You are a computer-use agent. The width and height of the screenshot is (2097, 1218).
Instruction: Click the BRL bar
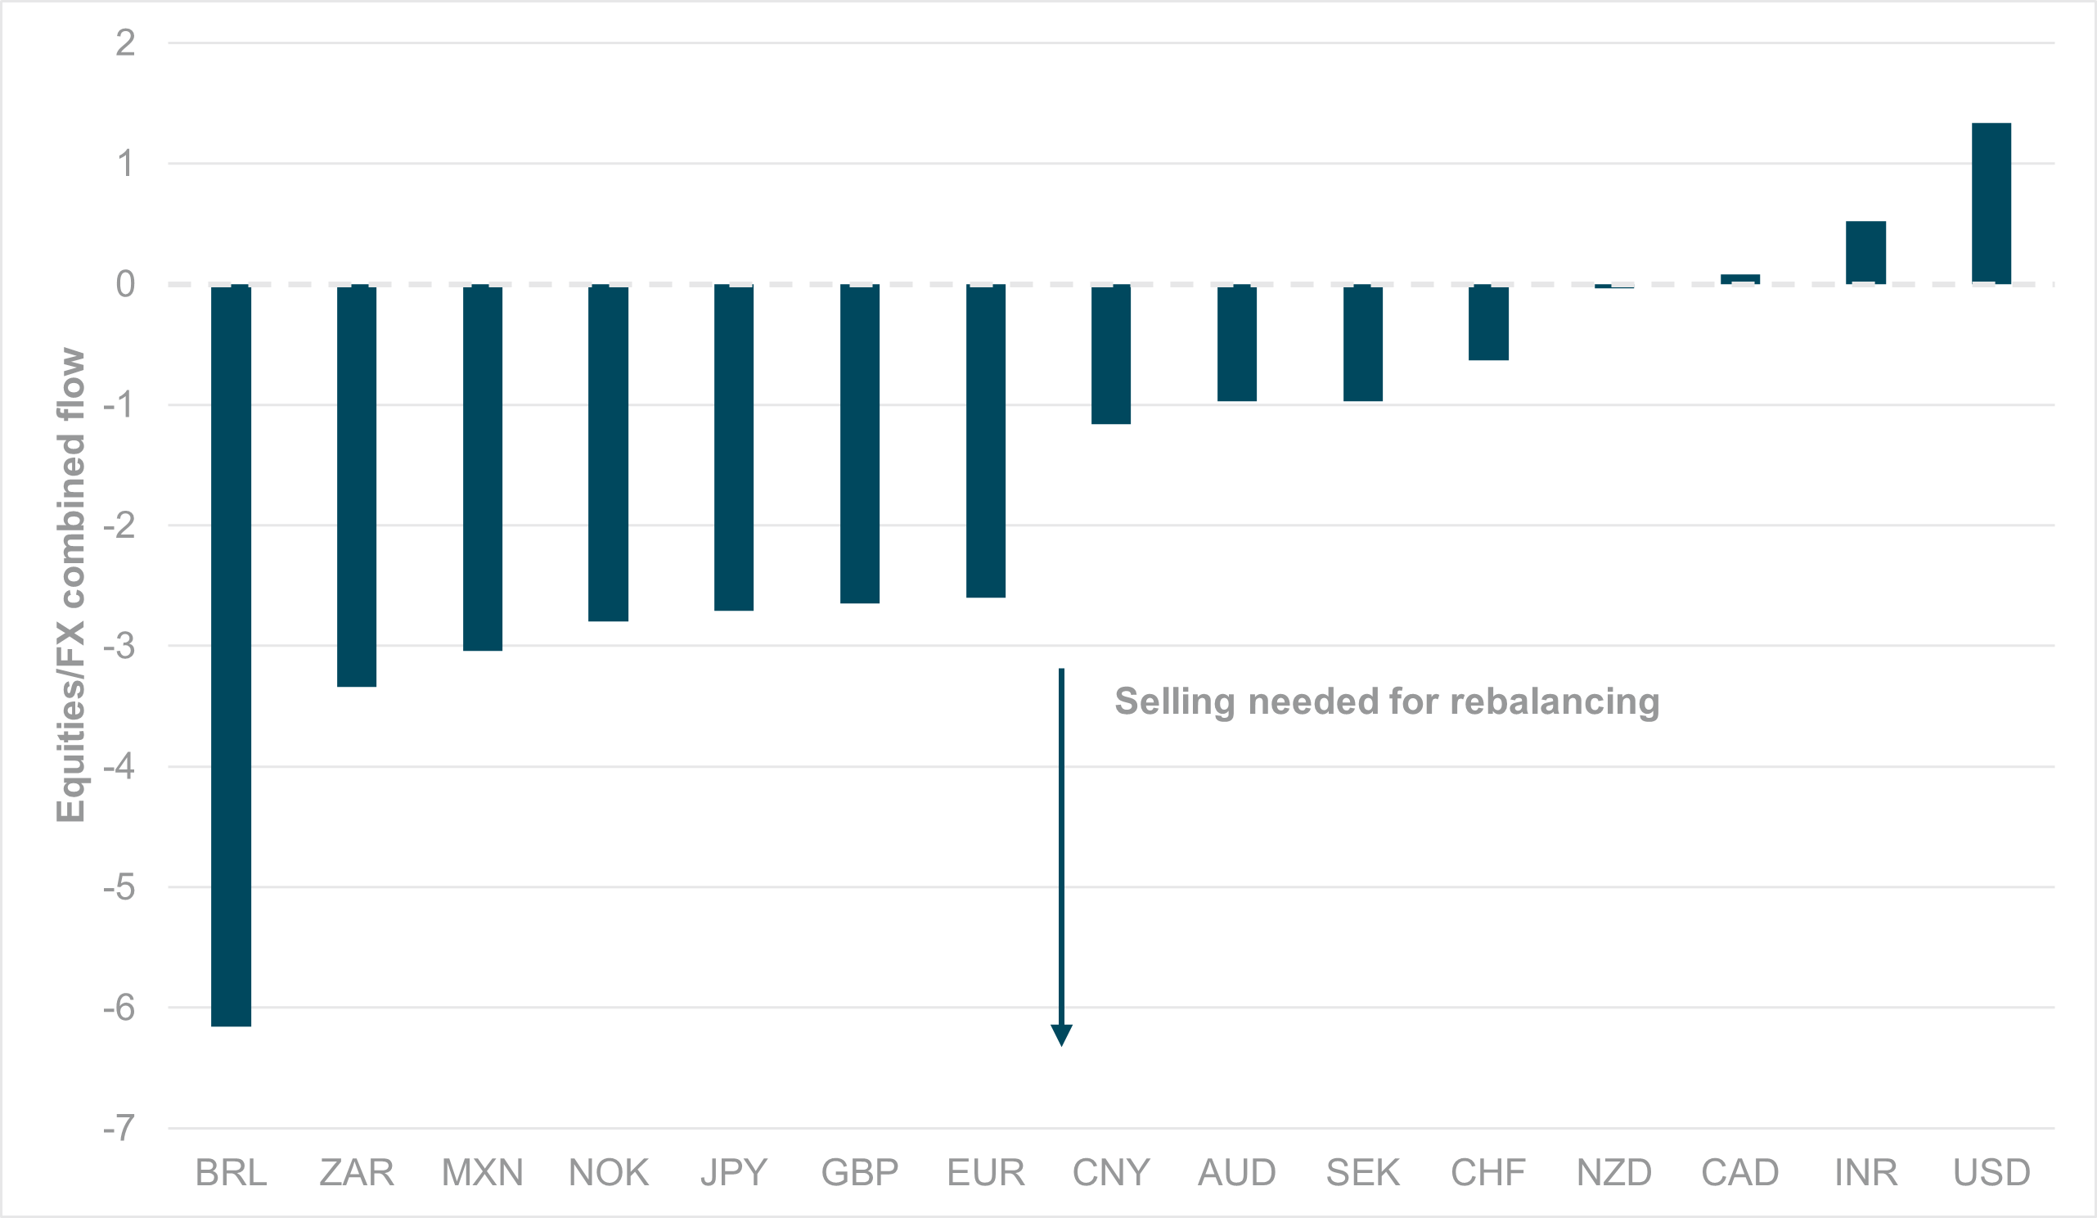coord(231,655)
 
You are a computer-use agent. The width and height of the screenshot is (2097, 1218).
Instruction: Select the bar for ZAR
coord(356,485)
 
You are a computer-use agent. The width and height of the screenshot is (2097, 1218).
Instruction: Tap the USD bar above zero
coord(1991,203)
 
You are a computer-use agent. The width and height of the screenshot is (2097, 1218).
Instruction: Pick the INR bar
coord(1865,252)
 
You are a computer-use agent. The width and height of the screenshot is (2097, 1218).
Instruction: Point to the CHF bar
coord(1488,323)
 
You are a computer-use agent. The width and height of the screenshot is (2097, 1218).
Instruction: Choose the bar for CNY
coord(1111,354)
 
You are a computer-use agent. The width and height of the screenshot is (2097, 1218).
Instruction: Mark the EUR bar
coord(985,440)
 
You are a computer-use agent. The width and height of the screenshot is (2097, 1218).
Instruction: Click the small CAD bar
coord(1740,279)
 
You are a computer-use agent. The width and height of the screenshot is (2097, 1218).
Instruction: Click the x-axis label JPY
coord(733,1173)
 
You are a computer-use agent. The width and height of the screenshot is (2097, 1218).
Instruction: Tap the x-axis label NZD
coord(1613,1173)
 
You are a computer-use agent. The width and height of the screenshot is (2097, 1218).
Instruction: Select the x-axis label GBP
coord(860,1173)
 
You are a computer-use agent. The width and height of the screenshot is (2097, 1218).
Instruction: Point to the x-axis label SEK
coord(1362,1173)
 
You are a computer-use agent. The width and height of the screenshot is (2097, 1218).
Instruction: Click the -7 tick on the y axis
coord(119,1128)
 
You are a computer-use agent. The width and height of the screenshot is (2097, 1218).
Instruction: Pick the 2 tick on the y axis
coord(126,43)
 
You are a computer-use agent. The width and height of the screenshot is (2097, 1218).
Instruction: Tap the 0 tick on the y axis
coord(126,284)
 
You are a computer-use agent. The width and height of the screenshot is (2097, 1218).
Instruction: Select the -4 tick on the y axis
coord(119,766)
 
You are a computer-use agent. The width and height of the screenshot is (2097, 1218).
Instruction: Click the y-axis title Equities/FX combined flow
coord(70,584)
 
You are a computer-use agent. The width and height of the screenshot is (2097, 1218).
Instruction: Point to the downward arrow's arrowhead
coord(1061,1035)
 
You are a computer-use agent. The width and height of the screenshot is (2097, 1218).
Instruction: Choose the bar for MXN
coord(482,467)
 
